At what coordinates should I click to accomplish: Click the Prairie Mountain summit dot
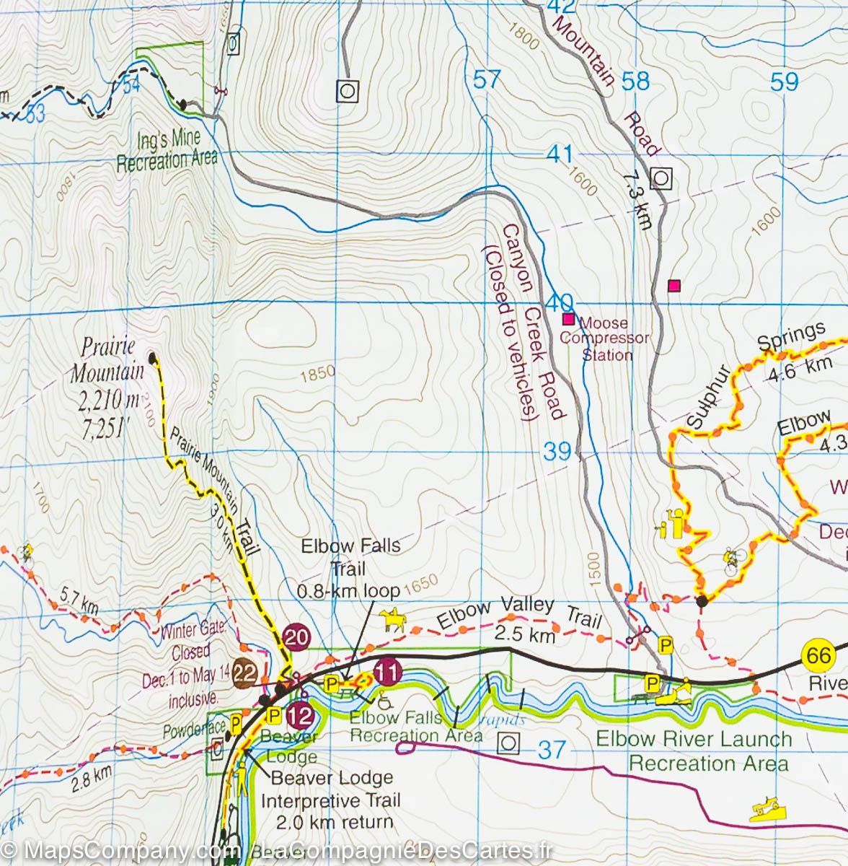point(152,357)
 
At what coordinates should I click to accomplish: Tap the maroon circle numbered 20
point(296,637)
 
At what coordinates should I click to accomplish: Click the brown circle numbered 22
point(247,671)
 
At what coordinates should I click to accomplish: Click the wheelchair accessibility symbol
point(381,697)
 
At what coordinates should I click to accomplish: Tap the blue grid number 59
point(784,82)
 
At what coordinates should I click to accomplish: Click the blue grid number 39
point(557,452)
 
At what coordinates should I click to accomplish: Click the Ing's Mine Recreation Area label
point(167,151)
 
